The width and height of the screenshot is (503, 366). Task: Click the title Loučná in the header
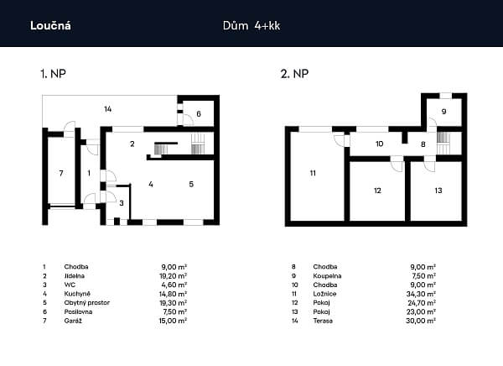[50, 24]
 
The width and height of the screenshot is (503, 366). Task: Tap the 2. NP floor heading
[294, 74]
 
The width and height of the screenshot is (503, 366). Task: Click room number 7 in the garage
[60, 173]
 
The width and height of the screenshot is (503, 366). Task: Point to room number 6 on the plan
[199, 113]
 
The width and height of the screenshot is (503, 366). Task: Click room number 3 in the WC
[121, 202]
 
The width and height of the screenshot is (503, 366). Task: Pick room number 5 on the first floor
[190, 183]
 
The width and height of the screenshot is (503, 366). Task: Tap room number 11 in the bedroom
[312, 174]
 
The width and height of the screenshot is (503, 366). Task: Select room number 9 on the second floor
[444, 111]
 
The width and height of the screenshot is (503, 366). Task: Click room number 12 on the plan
[377, 191]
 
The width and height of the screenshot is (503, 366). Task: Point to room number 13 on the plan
[438, 191]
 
